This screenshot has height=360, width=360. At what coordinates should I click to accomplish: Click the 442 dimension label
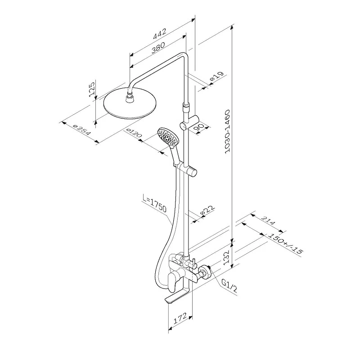pyautogui.click(x=160, y=32)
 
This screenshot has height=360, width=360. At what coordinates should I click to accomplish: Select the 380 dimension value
pyautogui.click(x=157, y=46)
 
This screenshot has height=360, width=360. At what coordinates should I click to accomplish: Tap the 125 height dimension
pyautogui.click(x=91, y=89)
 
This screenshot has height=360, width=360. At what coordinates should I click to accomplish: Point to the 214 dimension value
pyautogui.click(x=268, y=223)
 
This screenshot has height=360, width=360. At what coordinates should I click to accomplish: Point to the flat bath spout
pyautogui.click(x=178, y=299)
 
